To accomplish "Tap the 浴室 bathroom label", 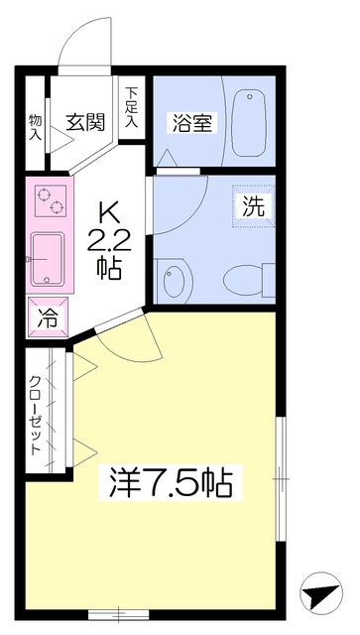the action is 192,123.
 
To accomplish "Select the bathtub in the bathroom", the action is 248,123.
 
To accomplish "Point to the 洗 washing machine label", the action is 254,206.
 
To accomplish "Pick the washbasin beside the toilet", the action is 175,280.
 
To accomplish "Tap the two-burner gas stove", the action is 51,200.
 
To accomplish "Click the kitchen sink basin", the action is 48,258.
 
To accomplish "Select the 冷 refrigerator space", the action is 48,317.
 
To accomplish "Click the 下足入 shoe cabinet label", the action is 131,108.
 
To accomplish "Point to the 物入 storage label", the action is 36,127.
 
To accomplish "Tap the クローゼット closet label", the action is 36,416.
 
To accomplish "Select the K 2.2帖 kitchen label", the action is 109,242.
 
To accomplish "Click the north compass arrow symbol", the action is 321,593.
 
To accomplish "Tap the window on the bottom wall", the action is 119,614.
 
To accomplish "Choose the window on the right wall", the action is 281,478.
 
